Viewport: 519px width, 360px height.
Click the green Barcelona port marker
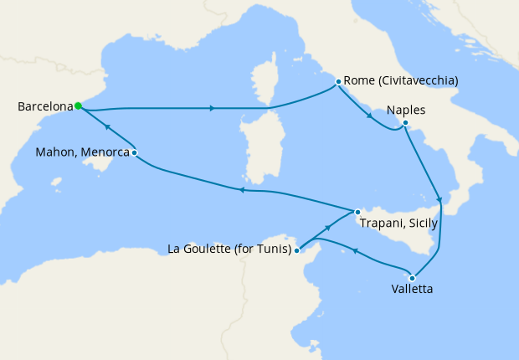click(x=78, y=106)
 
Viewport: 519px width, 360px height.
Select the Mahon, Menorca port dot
click(x=134, y=152)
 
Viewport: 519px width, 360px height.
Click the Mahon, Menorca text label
click(x=83, y=153)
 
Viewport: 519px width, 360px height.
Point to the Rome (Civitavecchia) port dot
click(x=338, y=82)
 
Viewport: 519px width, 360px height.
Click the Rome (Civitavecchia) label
click(x=401, y=81)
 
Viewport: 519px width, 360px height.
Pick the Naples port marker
click(x=405, y=124)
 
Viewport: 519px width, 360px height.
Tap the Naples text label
click(x=406, y=110)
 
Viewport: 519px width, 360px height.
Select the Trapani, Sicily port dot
click(x=357, y=212)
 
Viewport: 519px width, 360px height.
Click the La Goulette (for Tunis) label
click(x=229, y=249)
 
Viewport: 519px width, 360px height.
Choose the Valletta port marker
click(x=412, y=278)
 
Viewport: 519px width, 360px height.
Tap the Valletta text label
click(x=412, y=291)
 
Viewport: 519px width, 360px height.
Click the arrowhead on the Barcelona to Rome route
click(x=213, y=108)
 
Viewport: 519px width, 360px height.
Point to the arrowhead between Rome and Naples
click(x=369, y=116)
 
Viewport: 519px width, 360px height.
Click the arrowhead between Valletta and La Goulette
click(x=355, y=250)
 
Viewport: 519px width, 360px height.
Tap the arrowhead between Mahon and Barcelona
click(x=108, y=128)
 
